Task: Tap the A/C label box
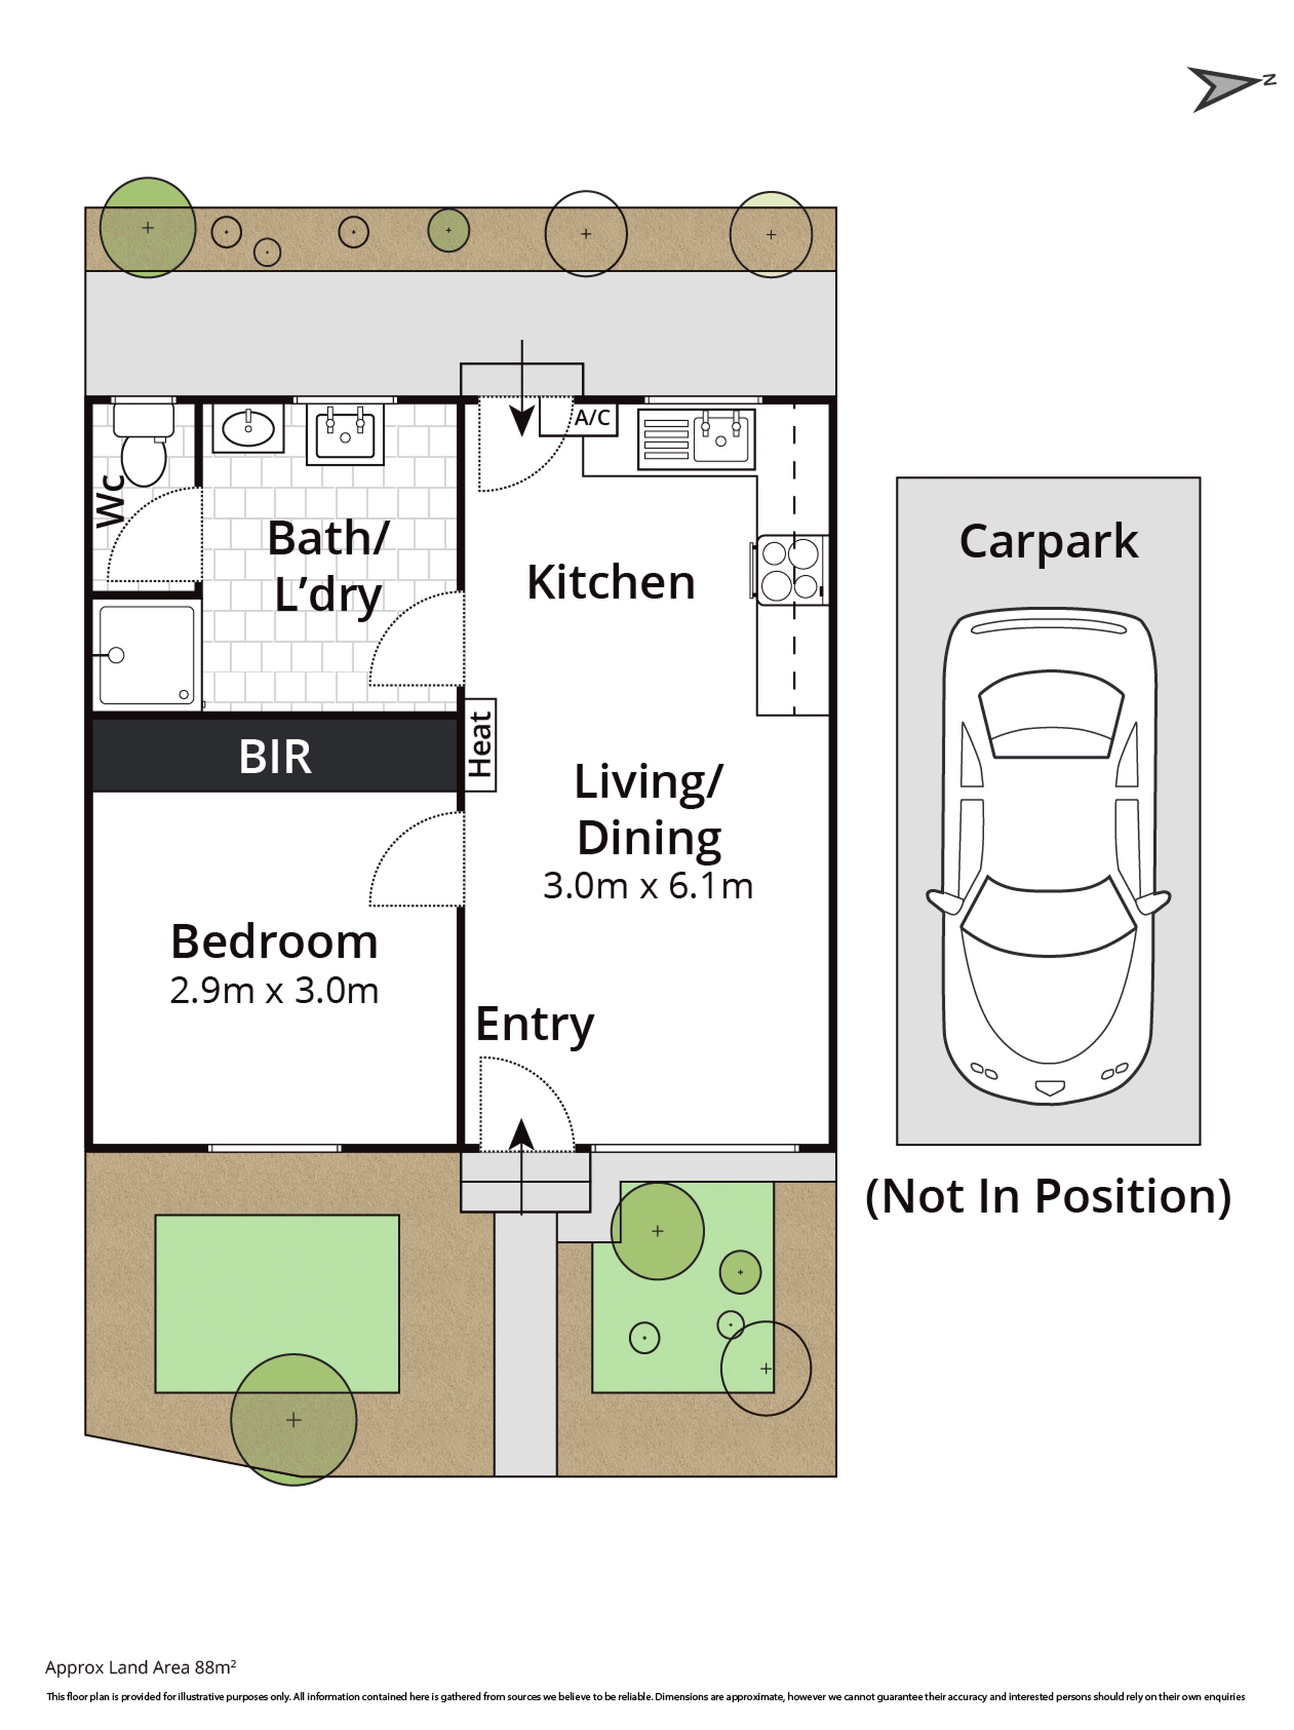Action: [x=591, y=418]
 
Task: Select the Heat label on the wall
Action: [x=479, y=744]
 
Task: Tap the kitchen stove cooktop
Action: [x=790, y=569]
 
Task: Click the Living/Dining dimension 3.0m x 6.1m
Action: [x=647, y=886]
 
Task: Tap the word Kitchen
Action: [x=611, y=583]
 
